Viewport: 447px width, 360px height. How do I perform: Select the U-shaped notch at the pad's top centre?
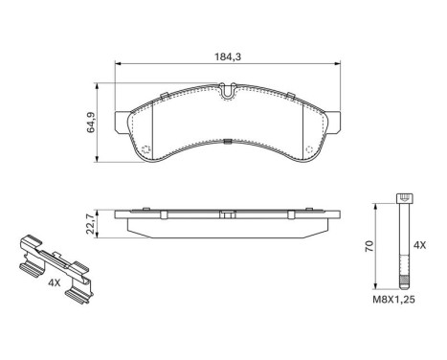pos(227,93)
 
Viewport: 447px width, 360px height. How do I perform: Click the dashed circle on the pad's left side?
pos(145,153)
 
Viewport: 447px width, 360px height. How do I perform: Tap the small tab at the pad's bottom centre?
pos(227,144)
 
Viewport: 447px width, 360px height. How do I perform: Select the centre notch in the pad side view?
pos(227,208)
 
